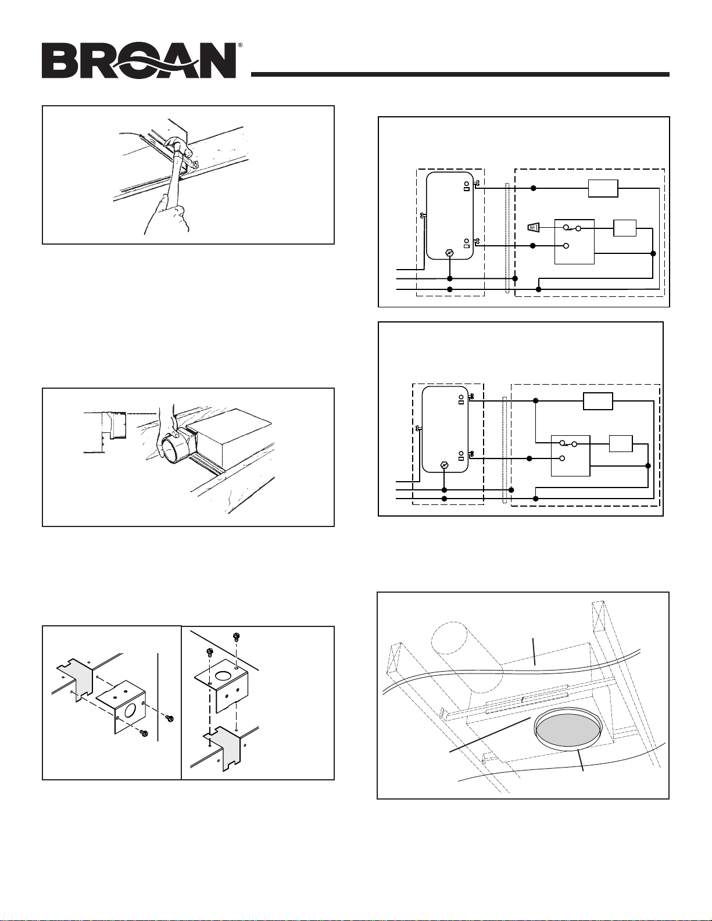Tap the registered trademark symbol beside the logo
tap(239, 45)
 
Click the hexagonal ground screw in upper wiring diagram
tap(449, 253)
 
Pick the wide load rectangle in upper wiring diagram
tap(603, 189)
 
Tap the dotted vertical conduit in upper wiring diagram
tap(508, 238)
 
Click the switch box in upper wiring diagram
tap(574, 241)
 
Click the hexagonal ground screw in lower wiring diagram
tap(444, 465)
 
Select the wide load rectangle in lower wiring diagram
tap(597, 402)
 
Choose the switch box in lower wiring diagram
tap(570, 455)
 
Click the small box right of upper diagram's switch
tap(625, 228)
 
